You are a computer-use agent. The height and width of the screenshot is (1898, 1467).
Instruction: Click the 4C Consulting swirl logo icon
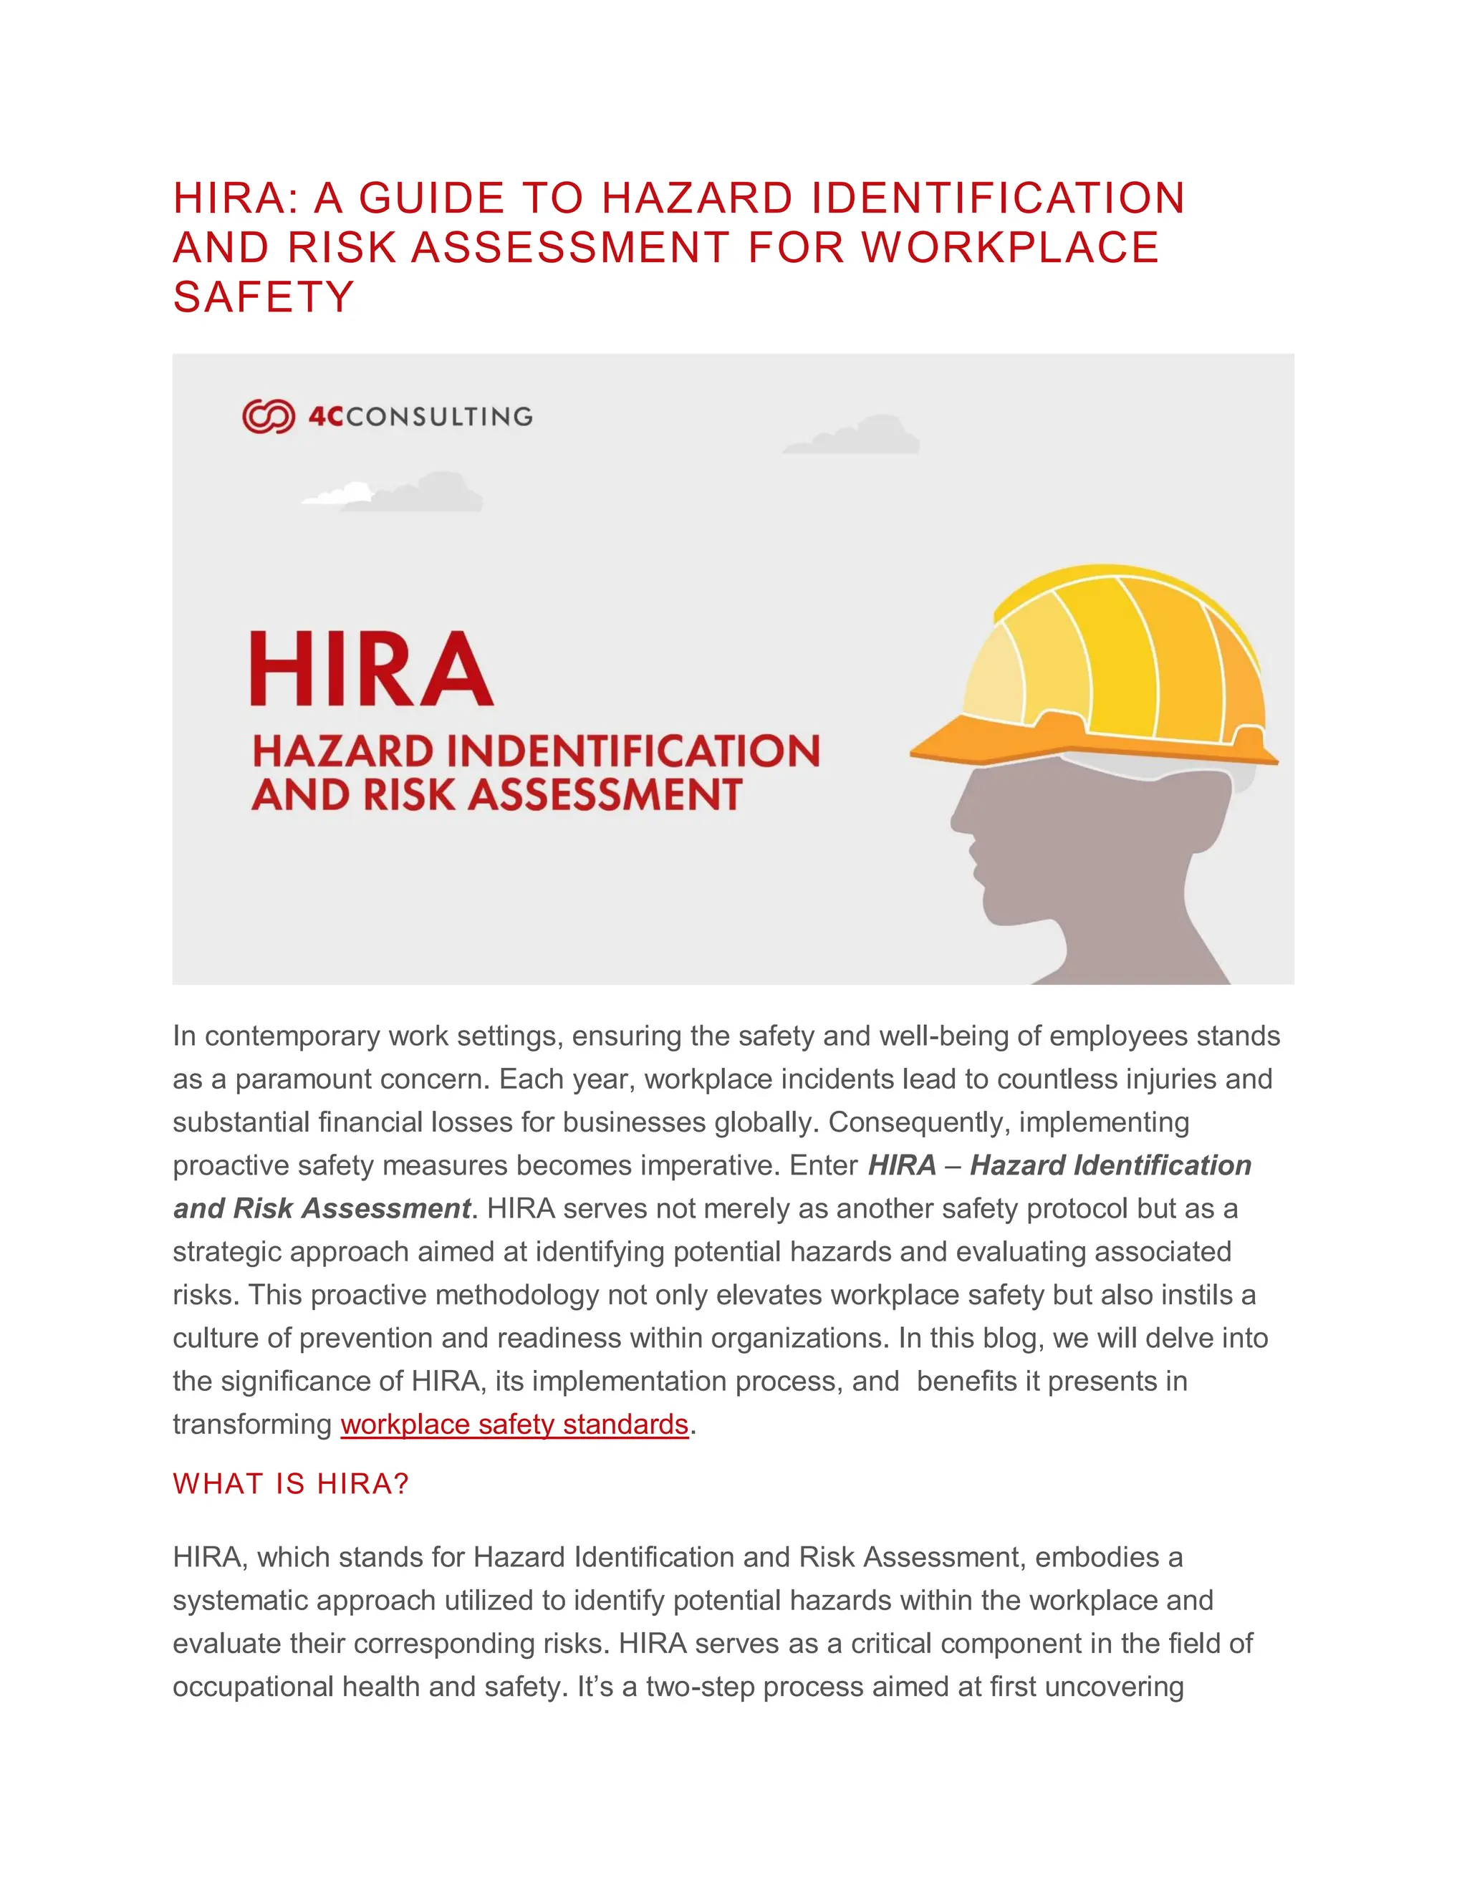coord(269,416)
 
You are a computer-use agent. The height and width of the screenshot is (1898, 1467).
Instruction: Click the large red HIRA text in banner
coord(371,668)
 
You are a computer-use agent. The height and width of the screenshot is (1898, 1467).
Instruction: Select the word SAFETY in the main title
coord(264,297)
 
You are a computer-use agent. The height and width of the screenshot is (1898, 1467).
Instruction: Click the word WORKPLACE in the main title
coord(1010,248)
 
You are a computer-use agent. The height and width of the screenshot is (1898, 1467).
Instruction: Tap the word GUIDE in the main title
coord(432,198)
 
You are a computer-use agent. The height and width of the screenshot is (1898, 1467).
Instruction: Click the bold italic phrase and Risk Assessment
coord(322,1208)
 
